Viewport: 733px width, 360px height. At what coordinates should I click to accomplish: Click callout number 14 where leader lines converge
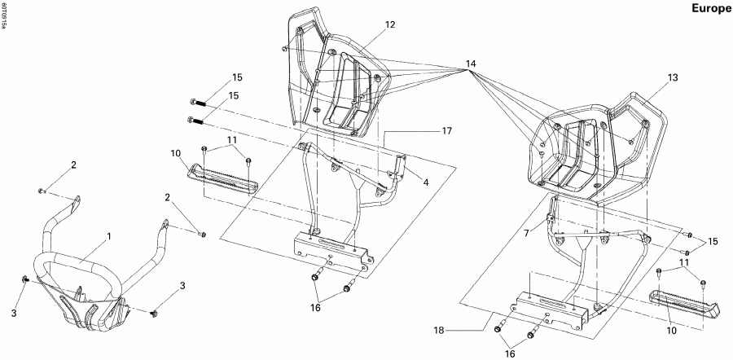pyautogui.click(x=471, y=64)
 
